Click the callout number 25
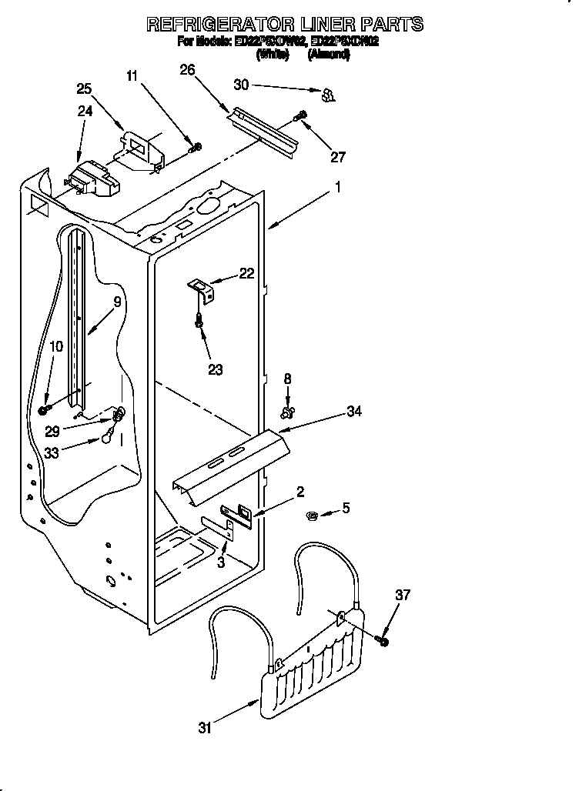(84, 88)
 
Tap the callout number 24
(85, 111)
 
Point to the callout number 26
(187, 70)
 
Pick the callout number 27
(337, 157)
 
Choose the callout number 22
(246, 272)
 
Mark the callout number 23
(216, 369)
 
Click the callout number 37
(403, 594)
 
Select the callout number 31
(204, 727)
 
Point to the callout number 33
(52, 453)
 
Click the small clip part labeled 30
(327, 95)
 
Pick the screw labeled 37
(383, 639)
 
